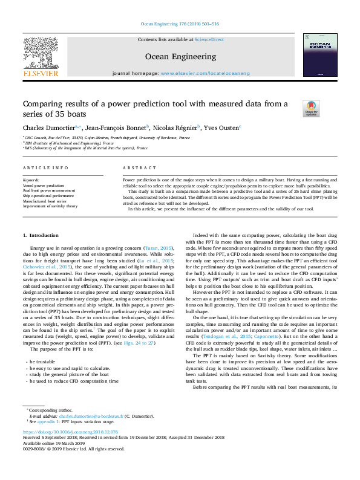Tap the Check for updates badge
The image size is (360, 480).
pyautogui.click(x=311, y=108)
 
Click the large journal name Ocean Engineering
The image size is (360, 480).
pyautogui.click(x=180, y=56)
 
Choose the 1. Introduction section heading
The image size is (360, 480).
pyautogui.click(x=41, y=235)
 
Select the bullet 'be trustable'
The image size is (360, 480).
pyautogui.click(x=45, y=360)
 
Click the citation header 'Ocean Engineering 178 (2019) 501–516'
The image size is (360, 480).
pyautogui.click(x=180, y=24)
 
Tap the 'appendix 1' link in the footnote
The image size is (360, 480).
pyautogui.click(x=42, y=421)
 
